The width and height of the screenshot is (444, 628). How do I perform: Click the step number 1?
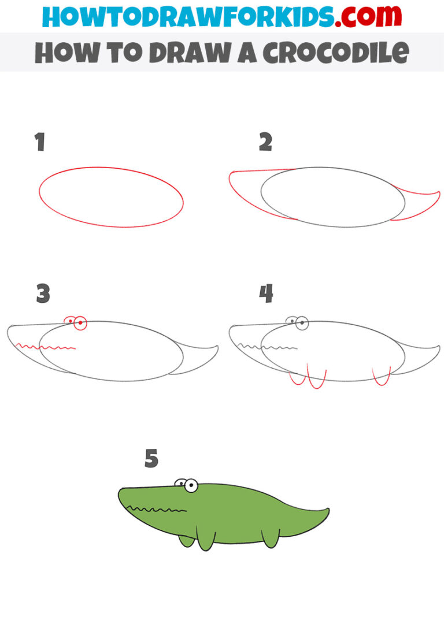pyautogui.click(x=39, y=142)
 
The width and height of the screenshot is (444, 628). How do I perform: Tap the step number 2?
pyautogui.click(x=265, y=142)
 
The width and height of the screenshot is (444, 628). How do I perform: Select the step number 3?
pyautogui.click(x=42, y=294)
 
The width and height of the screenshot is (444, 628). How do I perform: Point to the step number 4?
pyautogui.click(x=266, y=294)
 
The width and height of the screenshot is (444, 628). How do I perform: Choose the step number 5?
pyautogui.click(x=151, y=459)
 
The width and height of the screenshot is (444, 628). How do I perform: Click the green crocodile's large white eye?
pyautogui.click(x=190, y=486)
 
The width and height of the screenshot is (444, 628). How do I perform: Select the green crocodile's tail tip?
pyautogui.click(x=327, y=511)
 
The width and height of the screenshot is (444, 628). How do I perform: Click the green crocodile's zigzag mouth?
pyautogui.click(x=156, y=510)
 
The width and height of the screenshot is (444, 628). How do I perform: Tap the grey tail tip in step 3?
pyautogui.click(x=216, y=348)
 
